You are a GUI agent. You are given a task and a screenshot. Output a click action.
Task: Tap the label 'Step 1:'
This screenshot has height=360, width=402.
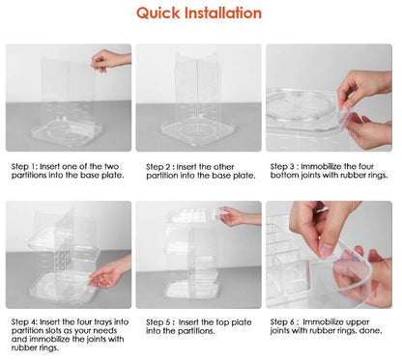point(25,167)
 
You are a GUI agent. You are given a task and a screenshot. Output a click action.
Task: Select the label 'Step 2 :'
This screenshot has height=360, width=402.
point(160,167)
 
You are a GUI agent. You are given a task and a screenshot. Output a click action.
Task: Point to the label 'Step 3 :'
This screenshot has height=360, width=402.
point(284,167)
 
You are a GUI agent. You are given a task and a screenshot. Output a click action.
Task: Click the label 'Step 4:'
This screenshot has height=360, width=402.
point(25,322)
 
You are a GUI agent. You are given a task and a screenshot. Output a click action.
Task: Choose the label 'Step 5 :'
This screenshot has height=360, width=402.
point(160,322)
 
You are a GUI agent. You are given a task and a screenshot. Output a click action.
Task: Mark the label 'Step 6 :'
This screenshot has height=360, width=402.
point(285,322)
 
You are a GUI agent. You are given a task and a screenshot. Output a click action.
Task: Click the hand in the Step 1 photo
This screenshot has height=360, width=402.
point(110,61)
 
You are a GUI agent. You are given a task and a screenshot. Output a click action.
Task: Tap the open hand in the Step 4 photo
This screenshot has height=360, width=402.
point(109,272)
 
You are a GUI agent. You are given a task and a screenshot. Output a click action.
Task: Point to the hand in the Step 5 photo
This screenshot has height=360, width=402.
point(240,216)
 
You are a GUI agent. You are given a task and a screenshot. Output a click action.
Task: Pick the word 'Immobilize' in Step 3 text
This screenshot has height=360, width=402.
point(321,167)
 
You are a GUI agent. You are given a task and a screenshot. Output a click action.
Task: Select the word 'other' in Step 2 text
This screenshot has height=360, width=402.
point(223,167)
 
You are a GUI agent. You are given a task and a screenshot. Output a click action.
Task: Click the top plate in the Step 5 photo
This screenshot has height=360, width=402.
point(193,215)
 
